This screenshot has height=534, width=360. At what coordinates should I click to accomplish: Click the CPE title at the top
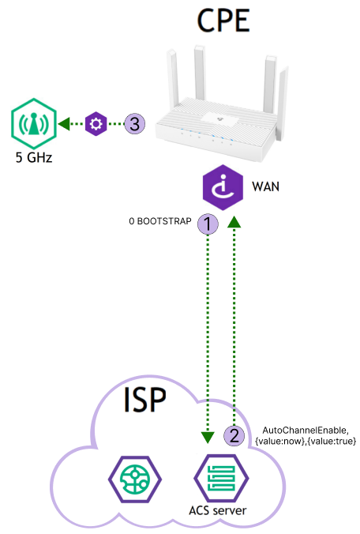coord(223,21)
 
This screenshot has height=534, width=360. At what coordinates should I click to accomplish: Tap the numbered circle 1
coord(208,224)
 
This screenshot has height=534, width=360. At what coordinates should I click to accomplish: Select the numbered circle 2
coord(234,435)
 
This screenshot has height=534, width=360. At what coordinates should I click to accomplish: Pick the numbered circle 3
coord(135,123)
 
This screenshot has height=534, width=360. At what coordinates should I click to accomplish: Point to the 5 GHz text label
coord(34,157)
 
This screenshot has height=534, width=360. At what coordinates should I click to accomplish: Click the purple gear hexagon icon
coord(96,123)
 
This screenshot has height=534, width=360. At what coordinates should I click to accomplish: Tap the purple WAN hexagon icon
coord(223,187)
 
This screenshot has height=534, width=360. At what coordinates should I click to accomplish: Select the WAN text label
coord(265,186)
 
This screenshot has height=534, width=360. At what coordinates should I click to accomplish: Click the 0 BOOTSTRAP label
coord(160,221)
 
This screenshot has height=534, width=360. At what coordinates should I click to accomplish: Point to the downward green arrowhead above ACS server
coord(208,437)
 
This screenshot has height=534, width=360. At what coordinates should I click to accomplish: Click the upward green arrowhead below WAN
coord(234,222)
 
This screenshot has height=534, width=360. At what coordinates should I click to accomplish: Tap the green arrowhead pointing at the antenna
coord(64,123)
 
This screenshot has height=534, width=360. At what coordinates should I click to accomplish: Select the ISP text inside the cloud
coord(144,400)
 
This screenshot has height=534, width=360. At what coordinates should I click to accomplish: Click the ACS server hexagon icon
coord(221,478)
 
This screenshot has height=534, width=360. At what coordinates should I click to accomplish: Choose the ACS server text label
coord(217,510)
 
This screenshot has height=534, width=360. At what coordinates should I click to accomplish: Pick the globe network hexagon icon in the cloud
coord(135,479)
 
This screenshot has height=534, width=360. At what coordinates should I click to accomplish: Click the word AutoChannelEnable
coord(306,431)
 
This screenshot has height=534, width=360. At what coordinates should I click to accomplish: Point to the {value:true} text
coord(332,441)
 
